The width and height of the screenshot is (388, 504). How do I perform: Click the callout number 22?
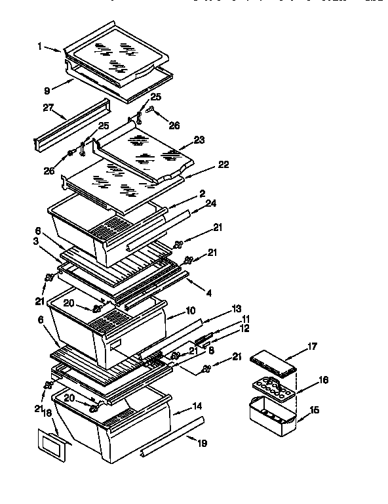(223, 165)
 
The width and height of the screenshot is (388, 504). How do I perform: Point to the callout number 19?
(202, 444)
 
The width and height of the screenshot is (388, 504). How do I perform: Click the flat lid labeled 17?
(273, 362)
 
